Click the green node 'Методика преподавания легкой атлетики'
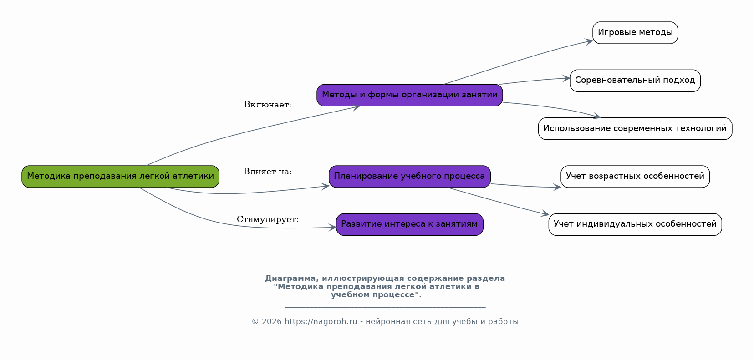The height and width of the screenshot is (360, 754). click(120, 177)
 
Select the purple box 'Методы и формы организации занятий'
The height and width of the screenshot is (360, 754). click(410, 95)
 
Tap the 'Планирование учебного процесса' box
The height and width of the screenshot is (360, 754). click(409, 177)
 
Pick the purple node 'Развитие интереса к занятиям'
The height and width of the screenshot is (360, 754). click(409, 224)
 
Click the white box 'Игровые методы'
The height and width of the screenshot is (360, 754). click(635, 33)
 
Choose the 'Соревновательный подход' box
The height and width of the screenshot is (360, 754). click(635, 81)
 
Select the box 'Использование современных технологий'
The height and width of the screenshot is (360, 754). click(635, 129)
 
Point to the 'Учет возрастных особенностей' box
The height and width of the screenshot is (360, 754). click(635, 177)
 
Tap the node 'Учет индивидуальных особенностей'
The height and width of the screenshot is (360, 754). click(635, 224)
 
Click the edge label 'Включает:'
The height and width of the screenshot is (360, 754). click(268, 105)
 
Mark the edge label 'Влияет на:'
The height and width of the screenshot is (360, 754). click(268, 172)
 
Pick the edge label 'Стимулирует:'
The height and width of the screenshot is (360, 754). click(268, 220)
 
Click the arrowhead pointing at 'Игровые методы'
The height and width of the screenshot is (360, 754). click(590, 41)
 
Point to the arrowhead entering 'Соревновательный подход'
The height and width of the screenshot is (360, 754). click(566, 79)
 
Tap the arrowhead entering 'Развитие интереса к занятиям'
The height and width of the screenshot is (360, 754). click(333, 228)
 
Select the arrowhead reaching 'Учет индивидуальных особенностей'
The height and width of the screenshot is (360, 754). click(545, 214)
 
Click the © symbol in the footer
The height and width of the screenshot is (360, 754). click(255, 322)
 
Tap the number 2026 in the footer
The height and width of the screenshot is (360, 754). click(271, 322)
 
